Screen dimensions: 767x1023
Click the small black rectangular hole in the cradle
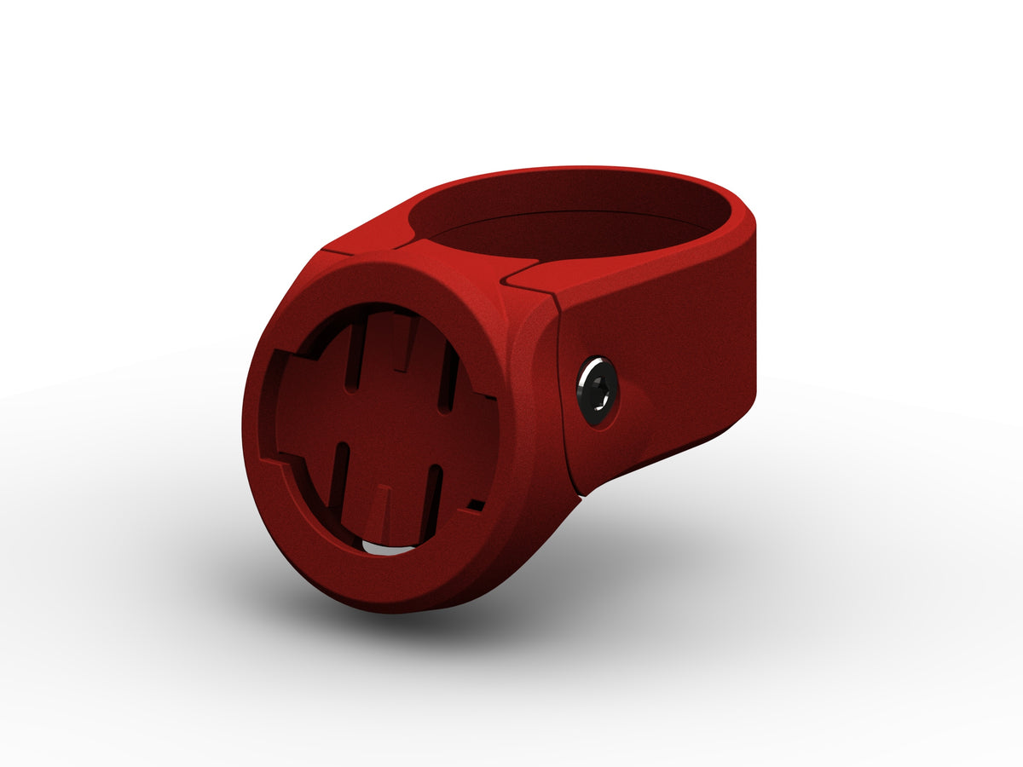tap(476, 506)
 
